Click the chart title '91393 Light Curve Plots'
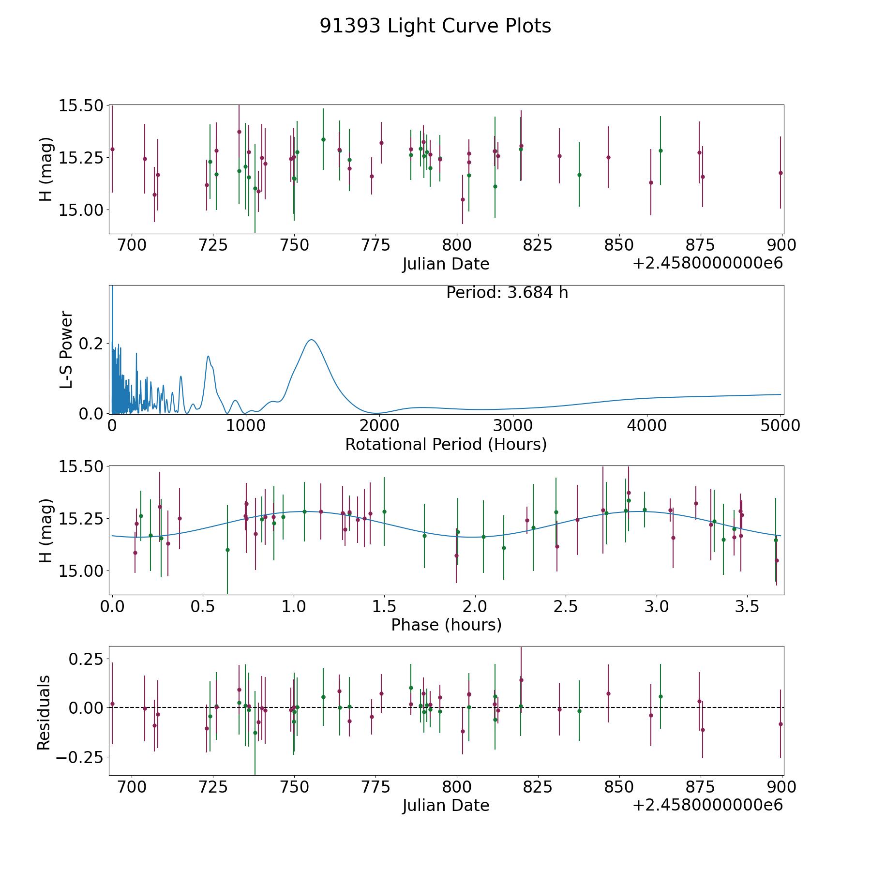coord(435,26)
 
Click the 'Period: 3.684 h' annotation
coord(507,293)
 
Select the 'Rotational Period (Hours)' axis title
coord(446,444)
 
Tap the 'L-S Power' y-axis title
coord(66,349)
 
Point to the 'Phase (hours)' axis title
coord(446,625)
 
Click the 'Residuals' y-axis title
coord(44,712)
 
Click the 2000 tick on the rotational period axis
coord(379,426)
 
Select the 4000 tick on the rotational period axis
coord(646,426)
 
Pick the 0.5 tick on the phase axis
coord(203,606)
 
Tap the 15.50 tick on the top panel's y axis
coord(81,105)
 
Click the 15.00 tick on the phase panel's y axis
coord(81,571)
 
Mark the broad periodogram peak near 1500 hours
coord(312,340)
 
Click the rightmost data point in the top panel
coord(780,173)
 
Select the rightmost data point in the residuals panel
coord(780,724)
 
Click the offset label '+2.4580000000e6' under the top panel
coord(707,263)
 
